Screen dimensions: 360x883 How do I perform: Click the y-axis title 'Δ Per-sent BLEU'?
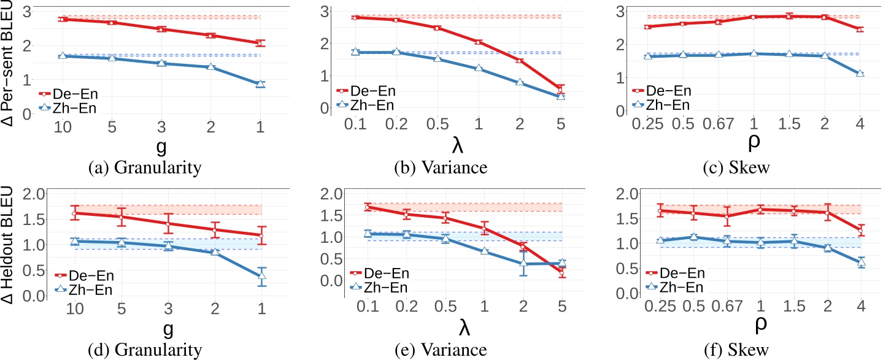[9, 61]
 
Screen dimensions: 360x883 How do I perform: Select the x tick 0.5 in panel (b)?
[453, 124]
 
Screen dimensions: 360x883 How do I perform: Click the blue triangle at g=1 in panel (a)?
[260, 84]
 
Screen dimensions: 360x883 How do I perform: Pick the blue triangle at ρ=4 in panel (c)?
[860, 74]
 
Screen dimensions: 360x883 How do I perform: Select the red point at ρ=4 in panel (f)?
[860, 231]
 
